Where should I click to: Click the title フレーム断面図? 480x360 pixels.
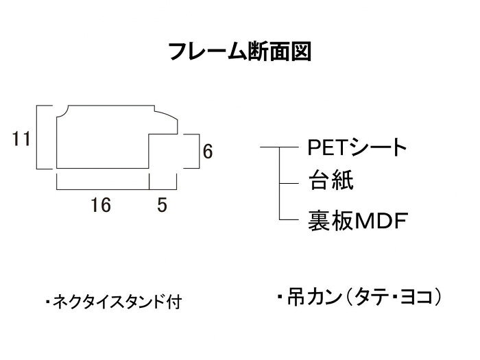(x=240, y=51)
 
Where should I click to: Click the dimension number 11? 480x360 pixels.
(x=21, y=139)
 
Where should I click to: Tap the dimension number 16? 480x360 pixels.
(x=101, y=205)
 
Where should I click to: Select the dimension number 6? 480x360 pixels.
(x=208, y=152)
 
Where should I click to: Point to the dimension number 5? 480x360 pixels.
(x=163, y=205)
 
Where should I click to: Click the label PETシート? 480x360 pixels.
(x=357, y=147)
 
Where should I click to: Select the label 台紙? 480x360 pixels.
(x=331, y=180)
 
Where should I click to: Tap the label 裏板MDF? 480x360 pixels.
(x=358, y=220)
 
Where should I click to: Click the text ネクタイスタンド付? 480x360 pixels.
(x=117, y=302)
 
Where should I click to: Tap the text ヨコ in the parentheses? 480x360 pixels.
(x=416, y=297)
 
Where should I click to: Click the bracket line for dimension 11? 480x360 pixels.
(x=37, y=137)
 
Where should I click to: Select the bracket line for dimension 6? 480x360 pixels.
(x=199, y=152)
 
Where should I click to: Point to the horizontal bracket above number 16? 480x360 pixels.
(x=103, y=189)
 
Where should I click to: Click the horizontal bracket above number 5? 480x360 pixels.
(x=163, y=189)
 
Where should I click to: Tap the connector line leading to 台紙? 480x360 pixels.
(x=289, y=183)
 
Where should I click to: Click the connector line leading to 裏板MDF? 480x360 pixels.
(x=289, y=219)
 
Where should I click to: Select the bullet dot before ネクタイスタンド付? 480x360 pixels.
(x=48, y=302)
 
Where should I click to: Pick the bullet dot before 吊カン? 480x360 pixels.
(x=280, y=297)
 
